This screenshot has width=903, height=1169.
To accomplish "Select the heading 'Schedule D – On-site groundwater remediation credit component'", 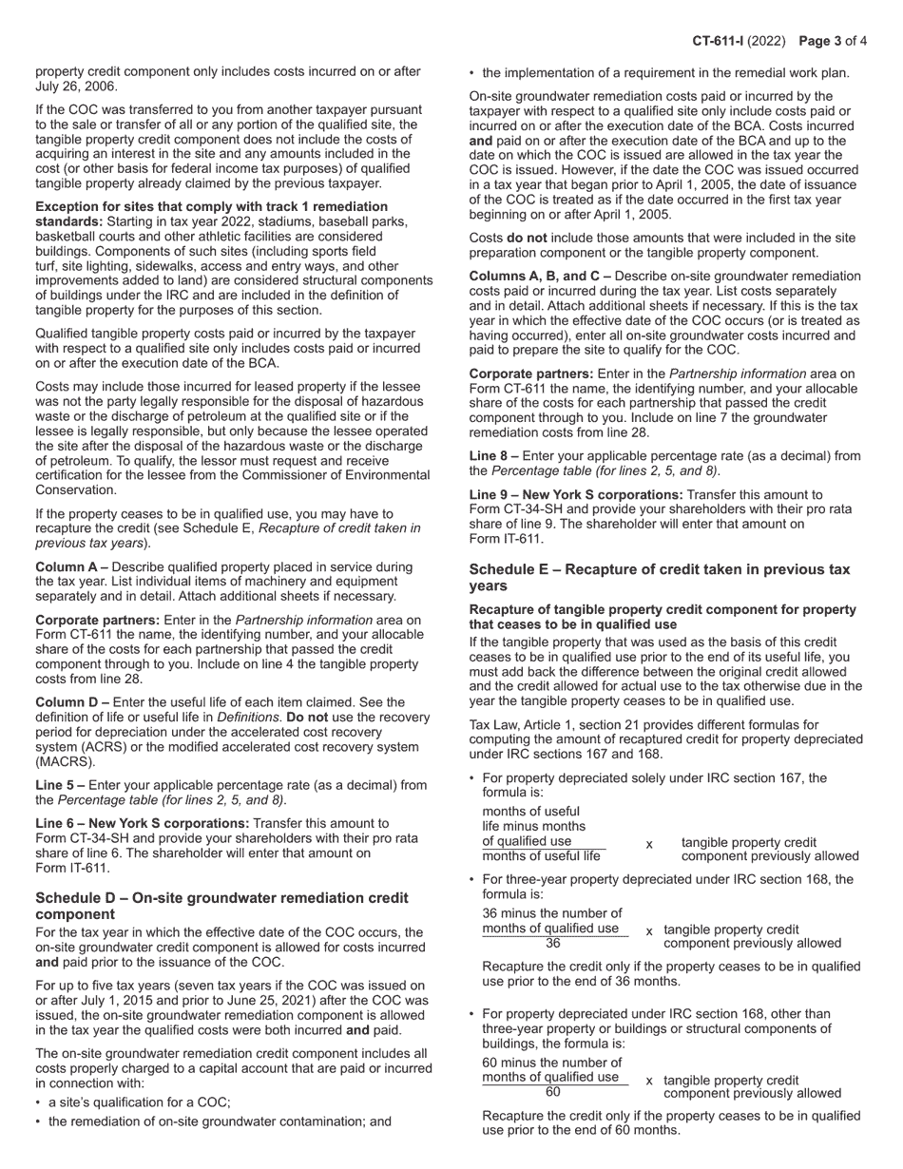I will coord(221,906).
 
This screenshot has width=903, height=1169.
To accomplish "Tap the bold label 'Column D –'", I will coord(72,702).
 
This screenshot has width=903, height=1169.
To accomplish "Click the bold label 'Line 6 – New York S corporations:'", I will coord(146,823).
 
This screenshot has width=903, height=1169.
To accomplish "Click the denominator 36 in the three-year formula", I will coord(554,944).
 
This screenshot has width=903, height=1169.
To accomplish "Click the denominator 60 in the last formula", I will coord(554,1092).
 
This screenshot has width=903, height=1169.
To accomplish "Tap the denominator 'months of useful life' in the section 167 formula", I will coord(541,855).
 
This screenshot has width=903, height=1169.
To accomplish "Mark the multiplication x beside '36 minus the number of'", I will coord(649,931).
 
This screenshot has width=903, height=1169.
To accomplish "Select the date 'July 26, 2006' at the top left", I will coord(75,86).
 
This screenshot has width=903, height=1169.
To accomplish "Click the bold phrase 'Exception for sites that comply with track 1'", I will coord(211,206).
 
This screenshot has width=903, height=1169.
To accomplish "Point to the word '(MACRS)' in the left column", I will coord(63,762).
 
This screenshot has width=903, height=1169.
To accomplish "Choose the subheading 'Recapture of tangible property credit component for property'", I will coord(663,609).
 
